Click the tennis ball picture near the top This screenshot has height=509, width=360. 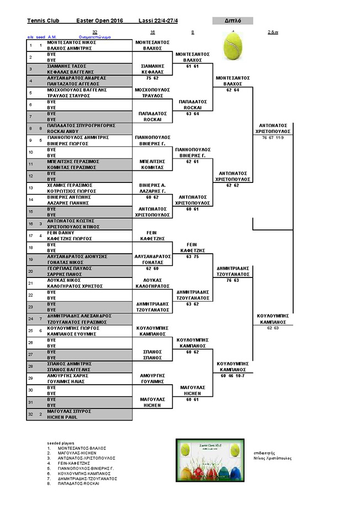point(233,45)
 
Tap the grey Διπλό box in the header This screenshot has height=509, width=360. point(232,21)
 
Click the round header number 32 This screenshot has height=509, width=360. point(95,32)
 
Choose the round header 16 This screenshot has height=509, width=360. point(152,32)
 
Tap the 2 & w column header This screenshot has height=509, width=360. point(272,32)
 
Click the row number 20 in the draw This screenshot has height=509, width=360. point(31,271)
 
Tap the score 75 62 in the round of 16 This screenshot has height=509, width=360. point(152,78)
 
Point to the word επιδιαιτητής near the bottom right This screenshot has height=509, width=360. point(267,452)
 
